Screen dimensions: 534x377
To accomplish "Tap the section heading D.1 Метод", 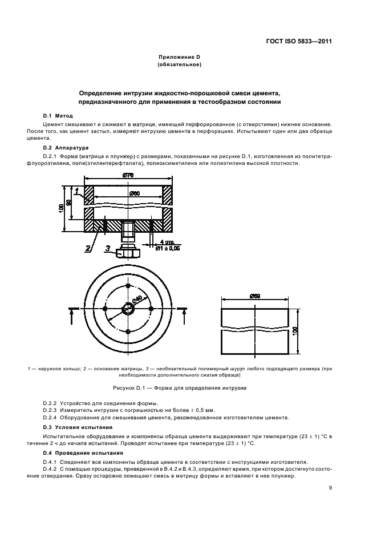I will (x=58, y=116).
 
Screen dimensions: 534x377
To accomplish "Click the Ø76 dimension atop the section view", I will (x=128, y=176).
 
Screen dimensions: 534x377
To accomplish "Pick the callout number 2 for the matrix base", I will (x=88, y=248).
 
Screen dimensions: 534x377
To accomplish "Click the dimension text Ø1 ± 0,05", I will (x=168, y=248).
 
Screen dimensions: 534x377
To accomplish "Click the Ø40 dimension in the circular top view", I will (x=137, y=300).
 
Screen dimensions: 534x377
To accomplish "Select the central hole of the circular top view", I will (x=128, y=309).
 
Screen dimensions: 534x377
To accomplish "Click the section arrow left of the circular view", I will (x=72, y=310).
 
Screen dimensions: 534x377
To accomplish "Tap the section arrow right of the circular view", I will (x=183, y=310).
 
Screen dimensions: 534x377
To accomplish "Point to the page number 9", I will (x=330, y=488).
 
